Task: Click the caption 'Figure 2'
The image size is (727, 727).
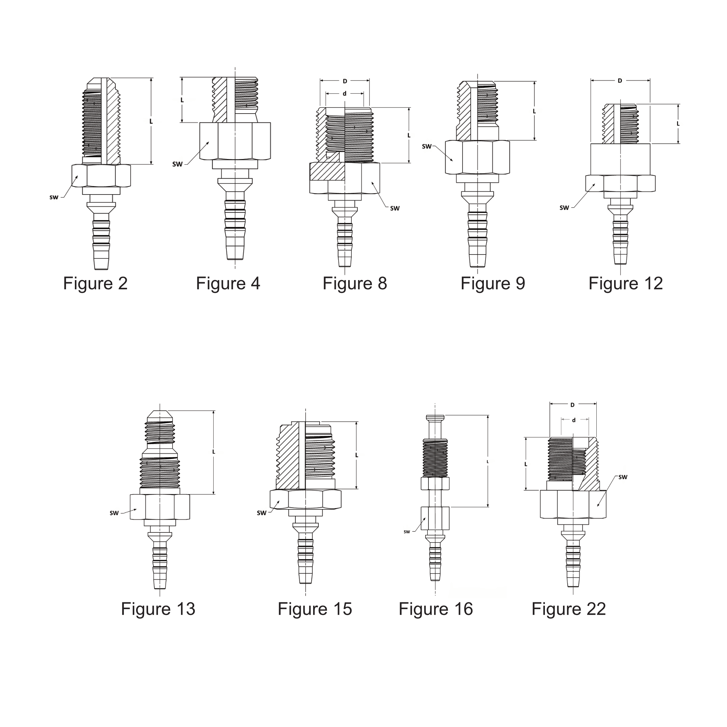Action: pos(95,284)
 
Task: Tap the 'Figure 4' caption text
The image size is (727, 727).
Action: pos(228,284)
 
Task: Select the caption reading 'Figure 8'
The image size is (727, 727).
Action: pos(355,284)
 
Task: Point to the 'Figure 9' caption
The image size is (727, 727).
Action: pos(493,284)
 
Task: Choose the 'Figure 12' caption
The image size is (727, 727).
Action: pos(626,284)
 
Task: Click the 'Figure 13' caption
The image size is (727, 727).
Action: pos(158,609)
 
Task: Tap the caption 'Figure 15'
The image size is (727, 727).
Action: pos(315,609)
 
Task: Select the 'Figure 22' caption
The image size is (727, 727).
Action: pos(569,609)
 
